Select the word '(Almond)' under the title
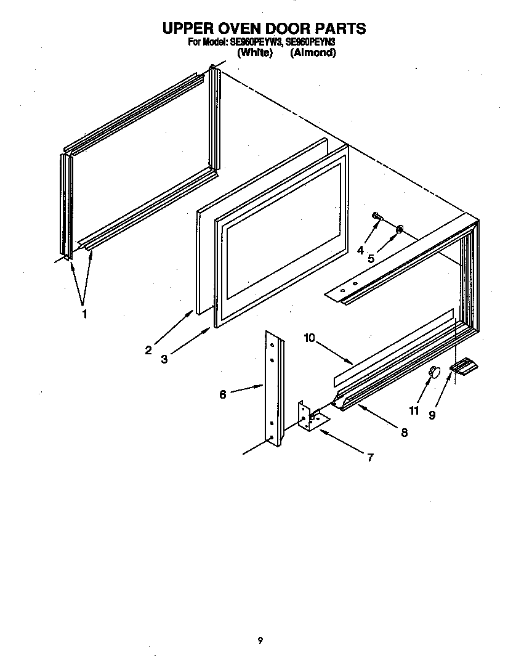[313, 53]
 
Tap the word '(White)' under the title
[255, 53]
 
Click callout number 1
[84, 314]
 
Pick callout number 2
[148, 351]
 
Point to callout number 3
[164, 359]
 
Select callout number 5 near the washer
[371, 259]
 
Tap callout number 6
[223, 394]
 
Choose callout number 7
[370, 457]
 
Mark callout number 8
[404, 433]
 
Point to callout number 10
[309, 338]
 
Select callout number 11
[413, 410]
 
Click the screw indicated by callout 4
[377, 216]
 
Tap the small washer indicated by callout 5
[400, 229]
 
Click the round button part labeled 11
[434, 372]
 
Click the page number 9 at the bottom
[260, 641]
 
